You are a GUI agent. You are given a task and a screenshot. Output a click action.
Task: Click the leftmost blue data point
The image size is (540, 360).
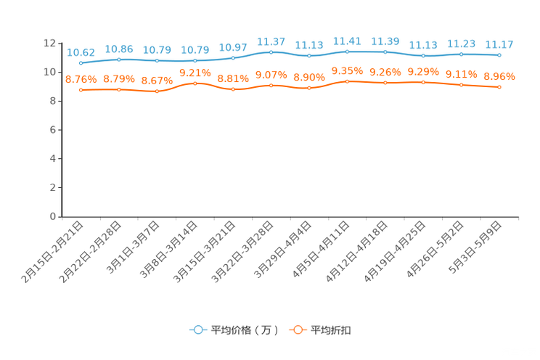(x=81, y=63)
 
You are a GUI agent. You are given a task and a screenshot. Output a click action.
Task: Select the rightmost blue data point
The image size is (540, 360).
(x=499, y=54)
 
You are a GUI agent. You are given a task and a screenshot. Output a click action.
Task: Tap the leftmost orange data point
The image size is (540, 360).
(x=81, y=90)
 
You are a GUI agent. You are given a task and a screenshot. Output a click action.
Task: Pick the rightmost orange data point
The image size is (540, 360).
(x=499, y=87)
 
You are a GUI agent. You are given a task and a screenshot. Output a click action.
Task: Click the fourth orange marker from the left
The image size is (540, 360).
(x=195, y=83)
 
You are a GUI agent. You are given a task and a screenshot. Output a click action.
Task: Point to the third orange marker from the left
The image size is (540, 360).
(x=157, y=91)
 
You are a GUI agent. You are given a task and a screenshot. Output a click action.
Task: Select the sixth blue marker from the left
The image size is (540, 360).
(x=271, y=52)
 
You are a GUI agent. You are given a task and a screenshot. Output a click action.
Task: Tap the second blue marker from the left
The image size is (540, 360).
(x=119, y=60)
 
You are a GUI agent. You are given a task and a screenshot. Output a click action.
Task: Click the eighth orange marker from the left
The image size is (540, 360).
(x=347, y=81)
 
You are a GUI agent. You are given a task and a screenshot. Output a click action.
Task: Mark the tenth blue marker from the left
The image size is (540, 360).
(x=423, y=56)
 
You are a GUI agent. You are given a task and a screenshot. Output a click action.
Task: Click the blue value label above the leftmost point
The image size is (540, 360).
(x=81, y=52)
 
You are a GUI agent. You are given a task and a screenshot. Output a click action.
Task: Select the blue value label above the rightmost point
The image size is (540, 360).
(x=499, y=44)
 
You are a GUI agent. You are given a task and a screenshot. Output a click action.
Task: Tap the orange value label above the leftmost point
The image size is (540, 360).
(x=81, y=78)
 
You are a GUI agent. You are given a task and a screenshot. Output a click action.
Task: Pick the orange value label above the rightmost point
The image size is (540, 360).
(x=499, y=75)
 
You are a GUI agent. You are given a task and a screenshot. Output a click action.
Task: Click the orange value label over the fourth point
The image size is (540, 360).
(x=195, y=72)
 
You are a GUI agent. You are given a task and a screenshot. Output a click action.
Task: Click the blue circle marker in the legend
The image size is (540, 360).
(x=197, y=330)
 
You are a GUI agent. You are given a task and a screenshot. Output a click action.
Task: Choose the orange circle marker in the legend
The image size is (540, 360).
(x=298, y=330)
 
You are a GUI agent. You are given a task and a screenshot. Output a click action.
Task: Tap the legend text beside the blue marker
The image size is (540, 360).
(x=245, y=330)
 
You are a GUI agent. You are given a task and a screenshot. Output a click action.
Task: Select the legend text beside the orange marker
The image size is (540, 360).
(x=332, y=330)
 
